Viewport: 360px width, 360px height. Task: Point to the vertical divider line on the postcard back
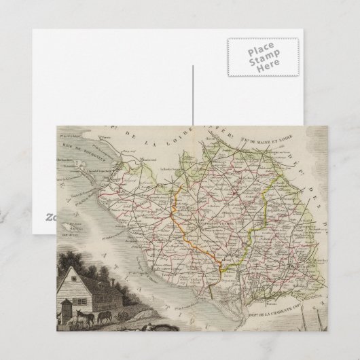[x=192, y=95]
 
